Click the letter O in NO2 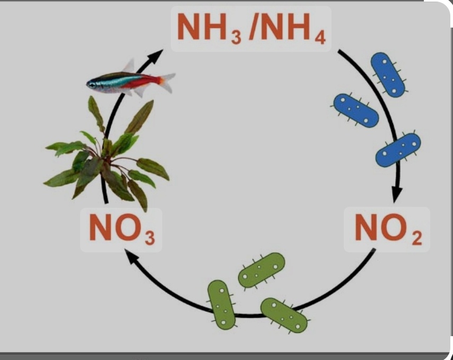[394, 228]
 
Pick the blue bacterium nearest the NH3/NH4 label [388, 74]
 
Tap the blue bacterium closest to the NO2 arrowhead [398, 150]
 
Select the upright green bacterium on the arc [221, 303]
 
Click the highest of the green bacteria [262, 269]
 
